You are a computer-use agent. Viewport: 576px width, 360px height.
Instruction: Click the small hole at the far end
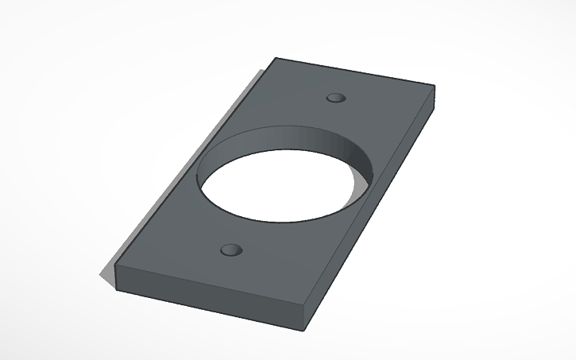click(337, 98)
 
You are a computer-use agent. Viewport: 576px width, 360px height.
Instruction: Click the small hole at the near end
click(231, 250)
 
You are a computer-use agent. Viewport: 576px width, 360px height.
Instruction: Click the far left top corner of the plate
click(275, 58)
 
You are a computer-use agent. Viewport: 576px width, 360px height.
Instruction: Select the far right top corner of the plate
click(434, 84)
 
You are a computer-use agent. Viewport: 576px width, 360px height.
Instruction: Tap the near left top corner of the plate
click(117, 264)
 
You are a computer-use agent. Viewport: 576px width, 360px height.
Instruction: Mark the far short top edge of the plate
click(354, 71)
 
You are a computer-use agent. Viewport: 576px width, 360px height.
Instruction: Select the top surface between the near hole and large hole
click(238, 230)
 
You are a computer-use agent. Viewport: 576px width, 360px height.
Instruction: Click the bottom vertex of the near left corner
click(117, 286)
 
